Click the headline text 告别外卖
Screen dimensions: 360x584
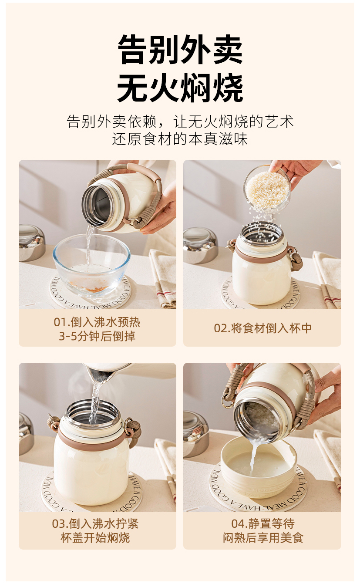(x=180, y=49)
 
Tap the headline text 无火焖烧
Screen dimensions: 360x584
(x=180, y=88)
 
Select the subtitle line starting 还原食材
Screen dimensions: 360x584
(x=180, y=139)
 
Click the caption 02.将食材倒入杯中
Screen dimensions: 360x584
(x=262, y=328)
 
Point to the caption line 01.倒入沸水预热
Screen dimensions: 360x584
(x=97, y=322)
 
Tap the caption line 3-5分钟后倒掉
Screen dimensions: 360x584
(x=97, y=336)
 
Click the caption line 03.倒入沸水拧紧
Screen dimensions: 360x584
(x=95, y=523)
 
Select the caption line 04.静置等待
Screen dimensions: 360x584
(x=263, y=523)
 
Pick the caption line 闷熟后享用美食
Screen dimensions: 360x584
(x=263, y=537)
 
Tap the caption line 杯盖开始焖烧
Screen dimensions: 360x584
(x=95, y=537)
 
